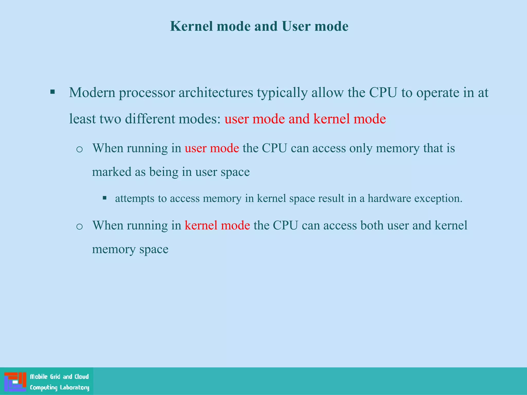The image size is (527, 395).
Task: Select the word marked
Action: pos(111,172)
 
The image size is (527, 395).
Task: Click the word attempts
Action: pos(135,199)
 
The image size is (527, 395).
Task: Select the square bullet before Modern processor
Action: pos(52,92)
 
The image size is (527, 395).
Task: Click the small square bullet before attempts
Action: pos(104,198)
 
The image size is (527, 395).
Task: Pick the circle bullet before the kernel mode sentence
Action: pos(80,227)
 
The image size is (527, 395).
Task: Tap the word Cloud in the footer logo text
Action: pos(82,377)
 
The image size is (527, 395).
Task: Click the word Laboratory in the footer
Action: pos(74,388)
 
